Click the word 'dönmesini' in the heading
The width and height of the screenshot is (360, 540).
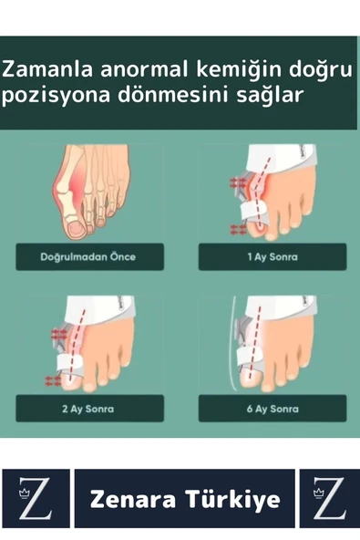[160, 96]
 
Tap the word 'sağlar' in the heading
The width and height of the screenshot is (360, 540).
[267, 96]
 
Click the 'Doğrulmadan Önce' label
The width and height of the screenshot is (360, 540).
[88, 257]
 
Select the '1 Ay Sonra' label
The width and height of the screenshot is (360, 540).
[272, 257]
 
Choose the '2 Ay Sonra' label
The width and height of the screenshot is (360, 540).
[88, 409]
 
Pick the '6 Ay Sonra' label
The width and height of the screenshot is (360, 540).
[272, 409]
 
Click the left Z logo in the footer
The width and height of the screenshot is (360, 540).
[36, 499]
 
